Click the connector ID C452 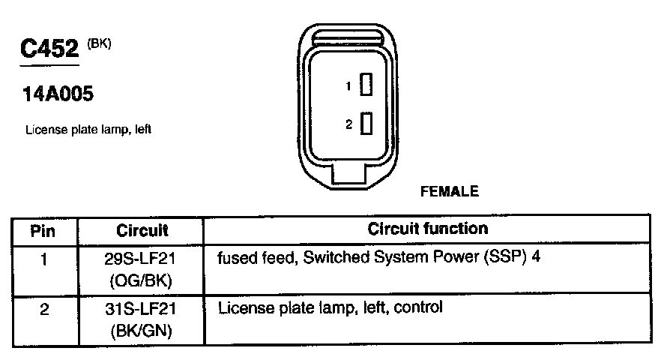point(50,50)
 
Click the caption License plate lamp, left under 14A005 point(88,130)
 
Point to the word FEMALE point(450,191)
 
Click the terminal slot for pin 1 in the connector point(366,85)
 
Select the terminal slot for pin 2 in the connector point(366,123)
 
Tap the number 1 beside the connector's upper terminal point(348,86)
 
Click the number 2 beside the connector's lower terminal point(348,124)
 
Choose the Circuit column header point(142,230)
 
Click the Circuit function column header point(428,229)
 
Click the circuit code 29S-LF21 point(142,259)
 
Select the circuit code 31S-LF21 point(142,309)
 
